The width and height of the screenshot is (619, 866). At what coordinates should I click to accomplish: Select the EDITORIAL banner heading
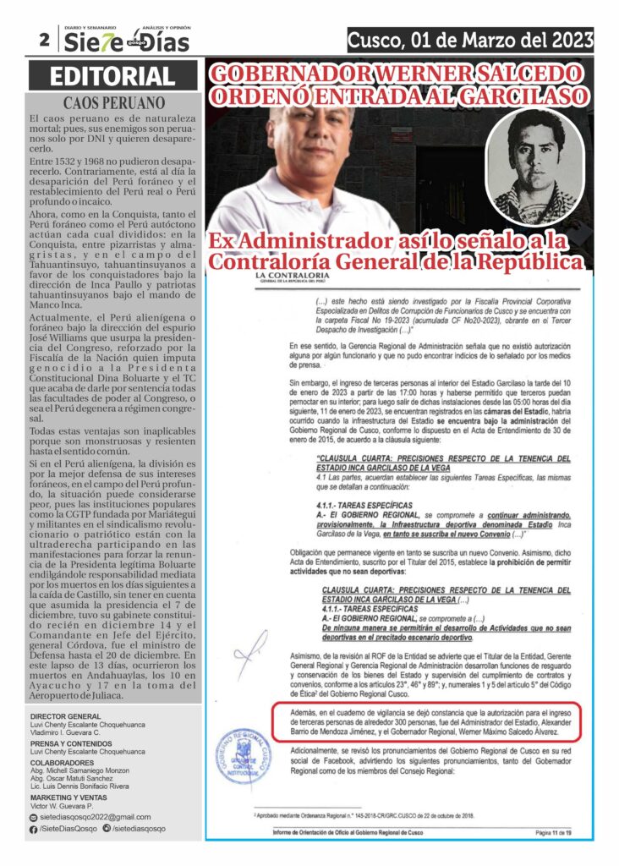(x=112, y=77)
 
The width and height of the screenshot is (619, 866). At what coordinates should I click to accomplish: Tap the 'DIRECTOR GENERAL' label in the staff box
(x=65, y=716)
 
